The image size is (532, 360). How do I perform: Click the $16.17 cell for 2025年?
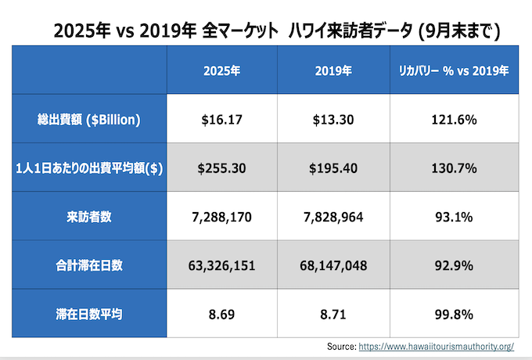point(221,120)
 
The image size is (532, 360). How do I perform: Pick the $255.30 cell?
point(221,168)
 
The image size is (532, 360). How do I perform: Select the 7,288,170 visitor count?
point(221,217)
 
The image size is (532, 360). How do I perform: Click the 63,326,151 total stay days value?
point(221,265)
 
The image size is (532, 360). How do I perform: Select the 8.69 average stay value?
point(221,314)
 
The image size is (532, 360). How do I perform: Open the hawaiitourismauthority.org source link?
point(435,346)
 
